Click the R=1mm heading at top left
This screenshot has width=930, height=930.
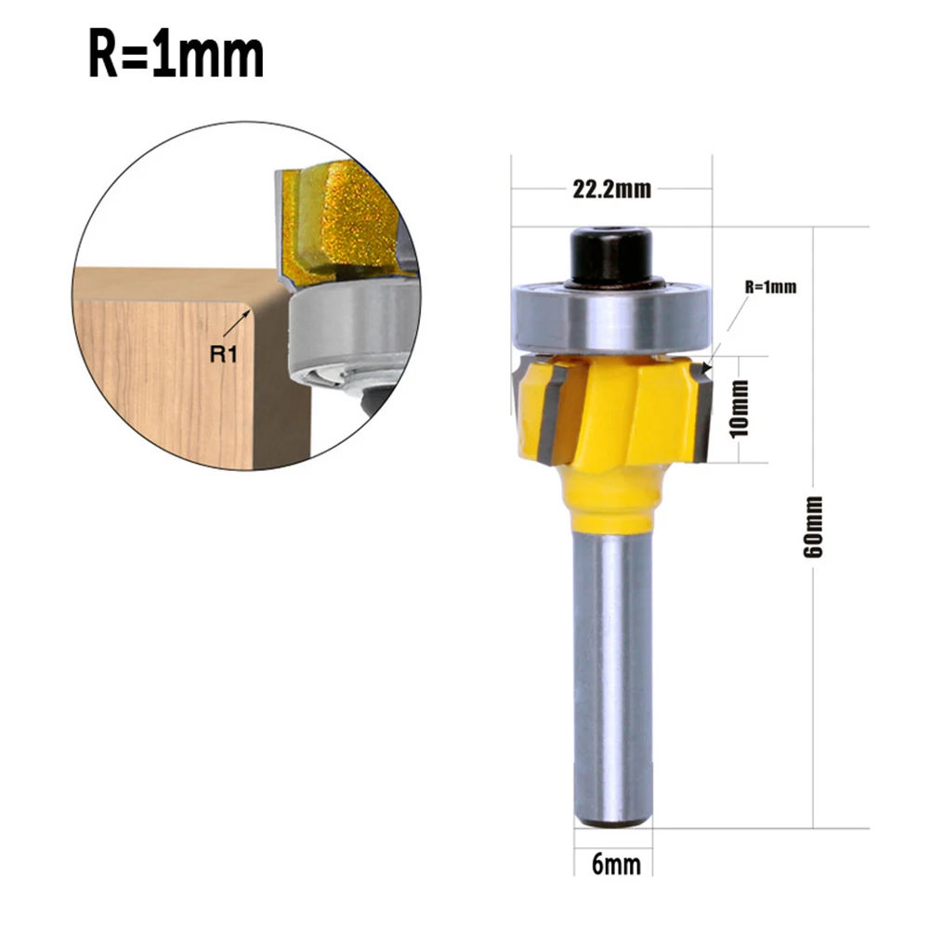click(177, 57)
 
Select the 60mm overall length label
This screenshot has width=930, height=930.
click(815, 526)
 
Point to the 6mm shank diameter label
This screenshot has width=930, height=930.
click(616, 864)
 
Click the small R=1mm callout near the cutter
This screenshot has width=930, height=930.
click(770, 287)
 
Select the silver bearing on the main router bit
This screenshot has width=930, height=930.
click(610, 316)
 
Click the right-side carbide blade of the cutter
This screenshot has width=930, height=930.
click(701, 413)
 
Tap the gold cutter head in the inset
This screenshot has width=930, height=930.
click(348, 218)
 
